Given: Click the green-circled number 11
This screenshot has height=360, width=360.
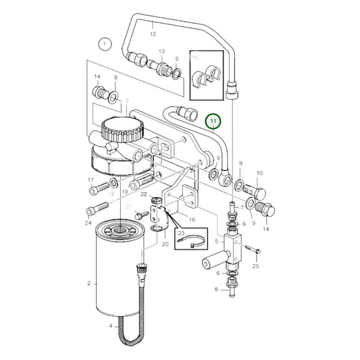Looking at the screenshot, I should click(214, 122).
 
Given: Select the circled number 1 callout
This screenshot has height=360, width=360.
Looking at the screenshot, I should click(103, 45).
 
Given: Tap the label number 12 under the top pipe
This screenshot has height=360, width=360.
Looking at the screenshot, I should click(153, 33).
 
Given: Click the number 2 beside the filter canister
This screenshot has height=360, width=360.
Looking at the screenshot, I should click(89, 284).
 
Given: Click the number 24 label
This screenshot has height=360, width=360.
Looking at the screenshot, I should click(88, 223).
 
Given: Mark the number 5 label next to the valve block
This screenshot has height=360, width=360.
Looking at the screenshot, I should click(217, 240).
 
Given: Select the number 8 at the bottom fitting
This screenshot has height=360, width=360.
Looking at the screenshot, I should click(217, 289).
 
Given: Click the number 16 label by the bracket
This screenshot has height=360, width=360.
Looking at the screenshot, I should click(192, 220).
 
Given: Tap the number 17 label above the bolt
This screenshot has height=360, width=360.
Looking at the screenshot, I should click(91, 180).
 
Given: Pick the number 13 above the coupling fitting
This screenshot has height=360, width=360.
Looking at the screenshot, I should click(161, 52).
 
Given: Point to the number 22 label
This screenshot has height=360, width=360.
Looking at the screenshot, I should click(143, 195).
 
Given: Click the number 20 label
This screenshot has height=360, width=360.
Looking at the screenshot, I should click(165, 244).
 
